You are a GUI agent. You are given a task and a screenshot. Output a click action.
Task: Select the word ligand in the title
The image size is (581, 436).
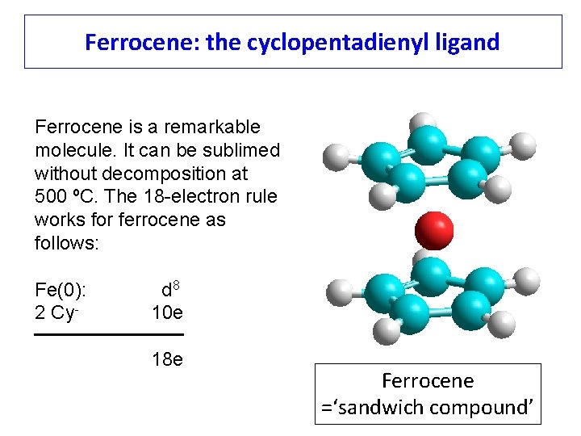467,41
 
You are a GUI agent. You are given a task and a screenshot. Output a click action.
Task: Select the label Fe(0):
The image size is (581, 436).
61,291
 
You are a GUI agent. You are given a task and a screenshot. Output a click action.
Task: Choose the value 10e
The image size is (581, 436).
167,312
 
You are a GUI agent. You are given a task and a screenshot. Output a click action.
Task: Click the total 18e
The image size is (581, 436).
167,359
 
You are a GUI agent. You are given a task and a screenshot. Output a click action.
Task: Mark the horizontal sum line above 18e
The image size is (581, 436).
109,334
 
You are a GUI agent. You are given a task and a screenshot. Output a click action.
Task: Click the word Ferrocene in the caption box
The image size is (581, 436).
428,380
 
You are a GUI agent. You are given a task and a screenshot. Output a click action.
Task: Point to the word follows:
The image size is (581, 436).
67,242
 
